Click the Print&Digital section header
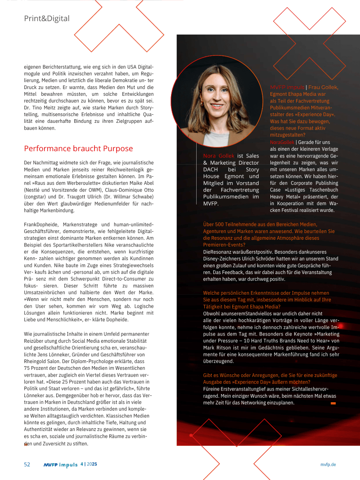47,18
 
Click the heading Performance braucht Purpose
78,148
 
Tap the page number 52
27,464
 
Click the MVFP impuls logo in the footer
61,464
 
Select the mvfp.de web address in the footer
328,464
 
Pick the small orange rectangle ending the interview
333,404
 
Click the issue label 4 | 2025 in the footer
89,464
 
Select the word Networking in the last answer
267,403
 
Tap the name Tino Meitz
43,108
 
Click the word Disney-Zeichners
222,259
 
